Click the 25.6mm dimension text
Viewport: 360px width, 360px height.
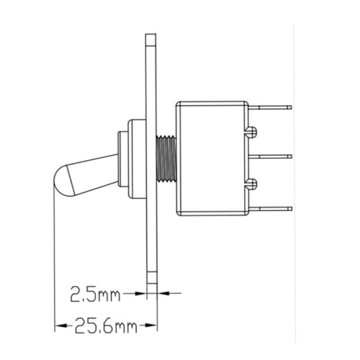(106, 326)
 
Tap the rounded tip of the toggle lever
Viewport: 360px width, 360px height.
(61, 181)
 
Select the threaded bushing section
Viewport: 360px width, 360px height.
(166, 158)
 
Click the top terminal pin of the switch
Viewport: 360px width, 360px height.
(270, 107)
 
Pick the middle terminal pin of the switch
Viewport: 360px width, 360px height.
(270, 157)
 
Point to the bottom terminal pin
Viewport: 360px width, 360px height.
(270, 209)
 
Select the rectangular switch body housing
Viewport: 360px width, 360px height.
(212, 158)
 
